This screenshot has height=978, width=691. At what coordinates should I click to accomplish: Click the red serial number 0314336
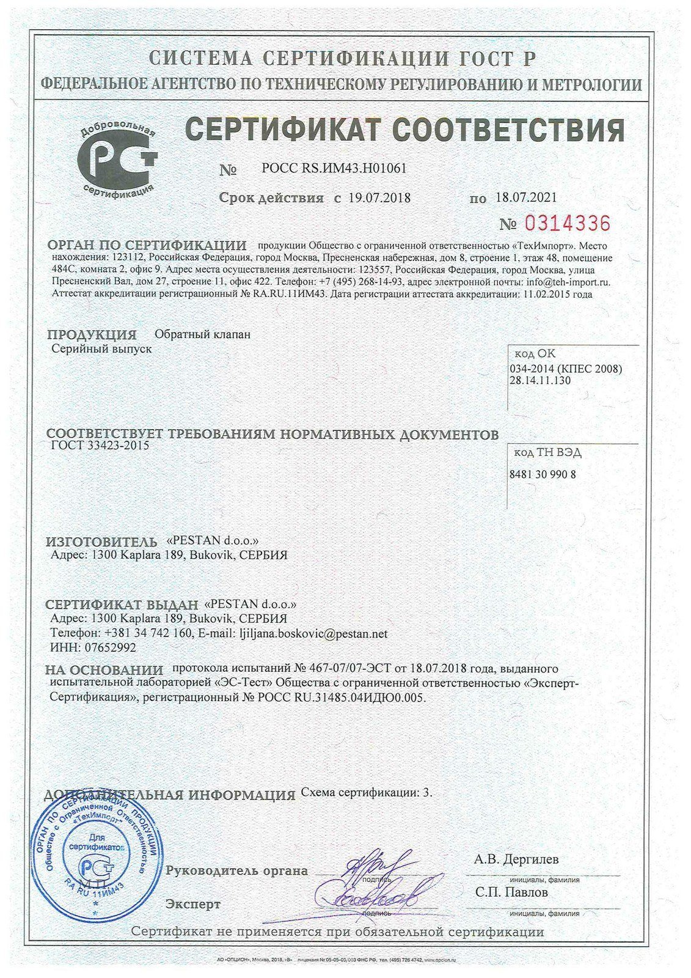(x=563, y=224)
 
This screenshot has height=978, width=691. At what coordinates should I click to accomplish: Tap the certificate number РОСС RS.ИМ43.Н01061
(x=334, y=168)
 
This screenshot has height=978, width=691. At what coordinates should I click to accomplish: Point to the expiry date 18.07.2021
(x=526, y=198)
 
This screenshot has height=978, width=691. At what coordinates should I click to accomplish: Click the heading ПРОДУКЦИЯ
(x=92, y=335)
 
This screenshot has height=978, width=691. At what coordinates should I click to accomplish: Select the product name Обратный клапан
(x=202, y=334)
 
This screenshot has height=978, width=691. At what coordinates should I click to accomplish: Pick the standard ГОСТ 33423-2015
(x=100, y=446)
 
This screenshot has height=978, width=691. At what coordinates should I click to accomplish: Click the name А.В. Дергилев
(x=516, y=859)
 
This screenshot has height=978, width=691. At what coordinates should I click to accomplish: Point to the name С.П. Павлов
(x=511, y=892)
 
